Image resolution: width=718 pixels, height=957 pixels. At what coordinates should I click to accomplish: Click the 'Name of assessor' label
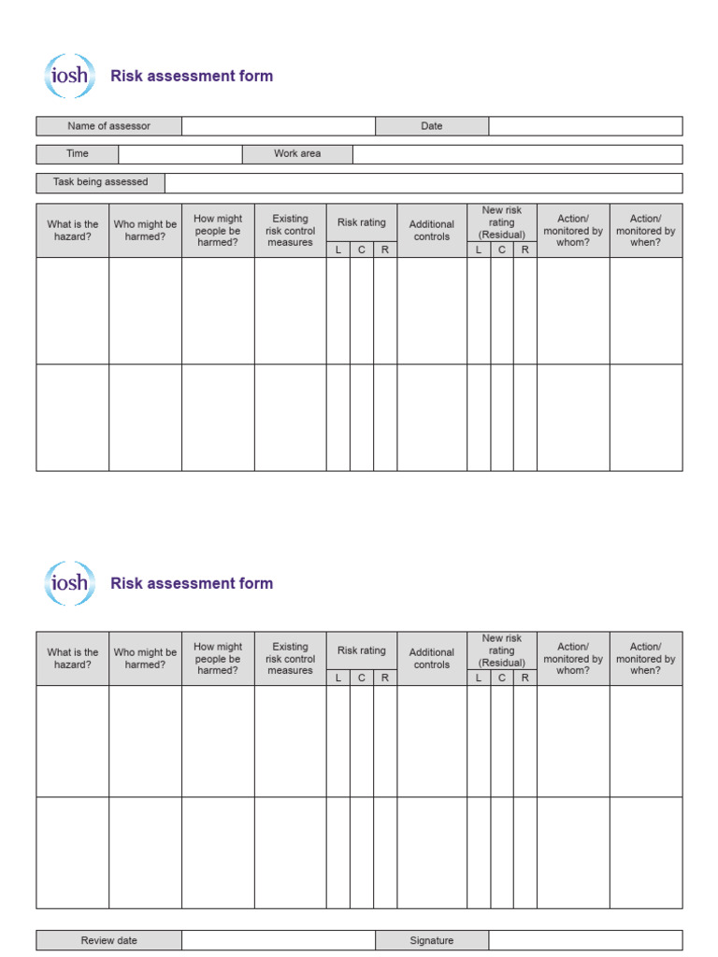[108, 126]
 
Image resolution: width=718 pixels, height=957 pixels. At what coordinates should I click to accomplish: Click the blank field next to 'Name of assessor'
[279, 126]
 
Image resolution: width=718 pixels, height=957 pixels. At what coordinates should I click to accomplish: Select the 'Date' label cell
[432, 126]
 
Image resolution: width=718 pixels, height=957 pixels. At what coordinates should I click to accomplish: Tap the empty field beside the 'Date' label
[585, 126]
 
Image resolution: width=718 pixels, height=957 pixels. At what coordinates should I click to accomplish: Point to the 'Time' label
[78, 154]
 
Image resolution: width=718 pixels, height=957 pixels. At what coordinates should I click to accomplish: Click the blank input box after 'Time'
[180, 154]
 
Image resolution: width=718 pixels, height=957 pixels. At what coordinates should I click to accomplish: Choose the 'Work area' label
[297, 154]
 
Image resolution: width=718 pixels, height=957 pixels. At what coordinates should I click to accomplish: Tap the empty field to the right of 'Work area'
[517, 154]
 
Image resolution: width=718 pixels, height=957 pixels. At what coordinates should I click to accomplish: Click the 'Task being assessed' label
[100, 182]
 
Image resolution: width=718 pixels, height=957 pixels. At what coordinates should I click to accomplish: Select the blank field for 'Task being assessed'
[424, 182]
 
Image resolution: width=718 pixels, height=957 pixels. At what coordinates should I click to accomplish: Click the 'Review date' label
[108, 940]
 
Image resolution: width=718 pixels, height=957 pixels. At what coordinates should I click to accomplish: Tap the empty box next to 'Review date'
[279, 940]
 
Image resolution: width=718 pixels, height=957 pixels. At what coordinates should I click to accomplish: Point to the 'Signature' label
[432, 940]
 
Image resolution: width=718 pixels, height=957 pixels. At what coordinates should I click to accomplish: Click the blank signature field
[585, 940]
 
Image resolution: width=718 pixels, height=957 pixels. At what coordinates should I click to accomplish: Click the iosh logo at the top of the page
[69, 76]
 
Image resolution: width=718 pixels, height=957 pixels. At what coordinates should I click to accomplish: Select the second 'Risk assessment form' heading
[192, 583]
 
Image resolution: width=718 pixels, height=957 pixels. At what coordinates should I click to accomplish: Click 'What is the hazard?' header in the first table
[73, 231]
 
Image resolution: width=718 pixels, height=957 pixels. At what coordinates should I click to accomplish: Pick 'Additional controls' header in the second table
[432, 659]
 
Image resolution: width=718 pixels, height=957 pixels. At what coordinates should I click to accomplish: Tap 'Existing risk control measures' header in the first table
[290, 231]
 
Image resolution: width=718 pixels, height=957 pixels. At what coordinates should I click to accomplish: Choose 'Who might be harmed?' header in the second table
[145, 659]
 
